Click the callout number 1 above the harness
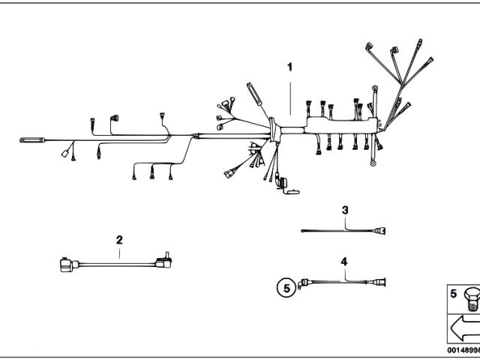pyautogui.click(x=289, y=67)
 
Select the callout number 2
pyautogui.click(x=119, y=240)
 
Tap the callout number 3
pyautogui.click(x=345, y=210)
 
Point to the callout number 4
pyautogui.click(x=344, y=262)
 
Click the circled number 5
pyautogui.click(x=284, y=286)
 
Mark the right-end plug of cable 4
pyautogui.click(x=379, y=283)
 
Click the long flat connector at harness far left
pyautogui.click(x=31, y=139)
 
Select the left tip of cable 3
pyautogui.click(x=304, y=231)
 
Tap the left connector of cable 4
pyautogui.click(x=302, y=283)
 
